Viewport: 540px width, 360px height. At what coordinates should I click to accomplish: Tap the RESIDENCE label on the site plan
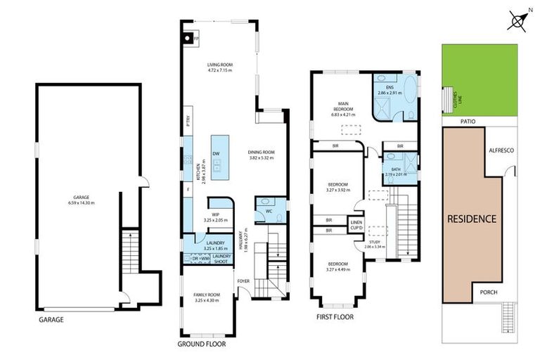(472, 219)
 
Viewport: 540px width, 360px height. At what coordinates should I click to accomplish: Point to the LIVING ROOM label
(219, 67)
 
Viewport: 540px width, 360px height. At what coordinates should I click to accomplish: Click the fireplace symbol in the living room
(188, 39)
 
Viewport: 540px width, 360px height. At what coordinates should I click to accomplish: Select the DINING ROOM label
(261, 155)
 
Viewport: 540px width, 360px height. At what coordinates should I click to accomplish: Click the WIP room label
(216, 217)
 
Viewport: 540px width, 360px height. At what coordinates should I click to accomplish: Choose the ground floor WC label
(269, 210)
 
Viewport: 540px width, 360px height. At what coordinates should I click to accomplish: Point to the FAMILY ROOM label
(207, 297)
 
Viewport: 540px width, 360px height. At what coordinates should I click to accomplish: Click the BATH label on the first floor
(389, 170)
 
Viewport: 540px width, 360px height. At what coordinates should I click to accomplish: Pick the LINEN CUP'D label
(356, 226)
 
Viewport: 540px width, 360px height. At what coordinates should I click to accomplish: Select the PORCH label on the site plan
(489, 292)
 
